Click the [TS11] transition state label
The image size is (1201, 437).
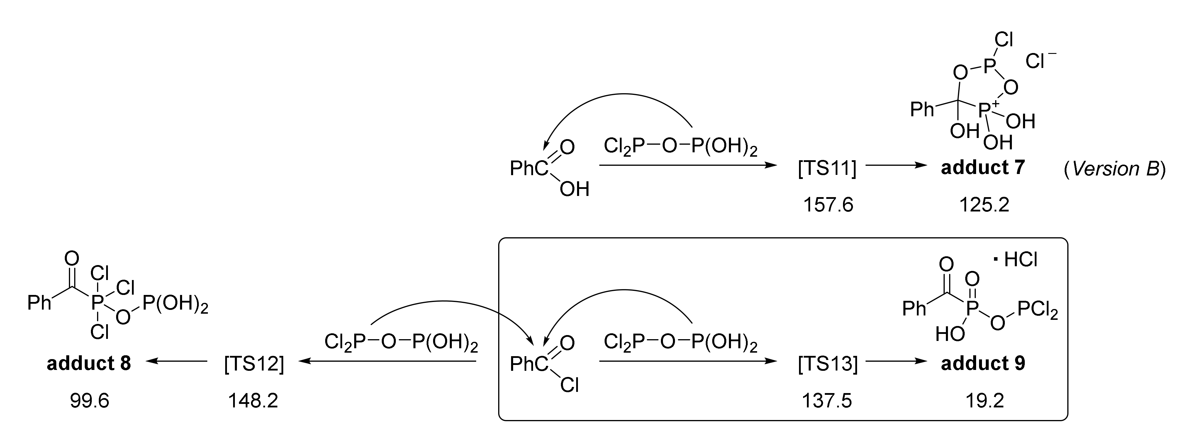pyautogui.click(x=827, y=168)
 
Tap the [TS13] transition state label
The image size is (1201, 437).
pyautogui.click(x=827, y=364)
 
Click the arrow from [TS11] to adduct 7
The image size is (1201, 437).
pyautogui.click(x=895, y=165)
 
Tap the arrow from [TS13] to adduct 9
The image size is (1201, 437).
pyautogui.click(x=895, y=361)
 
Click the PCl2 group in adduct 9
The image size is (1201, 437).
pyautogui.click(x=1038, y=310)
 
